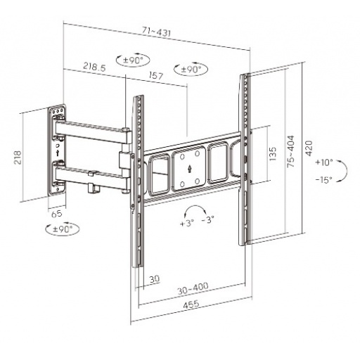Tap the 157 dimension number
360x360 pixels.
point(156,75)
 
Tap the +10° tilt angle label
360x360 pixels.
point(323,162)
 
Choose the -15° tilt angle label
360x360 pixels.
point(323,179)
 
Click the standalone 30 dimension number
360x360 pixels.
point(155,278)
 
